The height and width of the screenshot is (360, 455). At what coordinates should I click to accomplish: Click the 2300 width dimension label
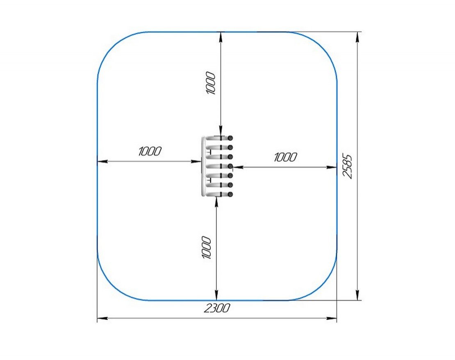(x=217, y=308)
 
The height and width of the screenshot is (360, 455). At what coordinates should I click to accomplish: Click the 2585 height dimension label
(x=347, y=166)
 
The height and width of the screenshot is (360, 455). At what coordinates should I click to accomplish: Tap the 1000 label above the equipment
(x=211, y=83)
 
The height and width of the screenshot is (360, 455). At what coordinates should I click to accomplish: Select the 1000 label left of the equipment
(x=150, y=151)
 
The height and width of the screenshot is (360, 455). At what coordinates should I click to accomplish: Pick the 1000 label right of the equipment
(x=286, y=157)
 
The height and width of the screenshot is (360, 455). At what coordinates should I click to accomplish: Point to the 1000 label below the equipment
(x=206, y=247)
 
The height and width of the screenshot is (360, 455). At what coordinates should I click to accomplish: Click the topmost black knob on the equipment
(x=230, y=138)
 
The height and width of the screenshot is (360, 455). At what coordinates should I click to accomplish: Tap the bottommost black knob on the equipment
(x=230, y=194)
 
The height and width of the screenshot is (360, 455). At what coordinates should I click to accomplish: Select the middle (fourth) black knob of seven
(x=230, y=166)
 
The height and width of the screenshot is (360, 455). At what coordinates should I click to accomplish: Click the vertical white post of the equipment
(x=203, y=166)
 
